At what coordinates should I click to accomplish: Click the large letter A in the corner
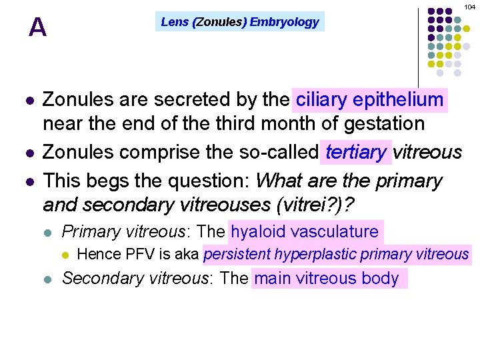(x=38, y=27)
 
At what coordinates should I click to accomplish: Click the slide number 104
(x=470, y=6)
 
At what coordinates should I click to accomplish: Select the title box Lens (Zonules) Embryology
(x=240, y=22)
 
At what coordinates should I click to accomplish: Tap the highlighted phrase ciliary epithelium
(x=369, y=100)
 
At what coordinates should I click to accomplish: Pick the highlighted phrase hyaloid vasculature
(x=305, y=231)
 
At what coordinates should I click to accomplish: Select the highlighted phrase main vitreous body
(x=326, y=278)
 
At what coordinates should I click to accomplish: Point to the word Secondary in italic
(x=102, y=278)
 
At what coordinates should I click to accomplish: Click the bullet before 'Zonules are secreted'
(x=28, y=101)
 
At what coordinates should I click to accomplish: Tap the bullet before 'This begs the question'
(x=28, y=181)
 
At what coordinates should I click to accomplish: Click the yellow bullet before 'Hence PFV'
(x=65, y=255)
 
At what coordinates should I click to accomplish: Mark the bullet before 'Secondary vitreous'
(x=47, y=279)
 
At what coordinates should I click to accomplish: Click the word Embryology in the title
(x=284, y=22)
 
